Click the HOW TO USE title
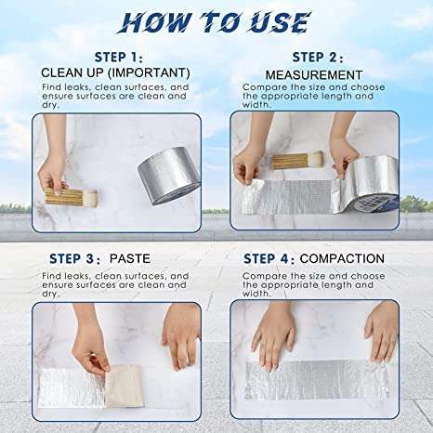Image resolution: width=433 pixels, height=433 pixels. click(x=216, y=22)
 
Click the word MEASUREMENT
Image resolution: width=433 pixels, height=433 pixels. click(x=314, y=74)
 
